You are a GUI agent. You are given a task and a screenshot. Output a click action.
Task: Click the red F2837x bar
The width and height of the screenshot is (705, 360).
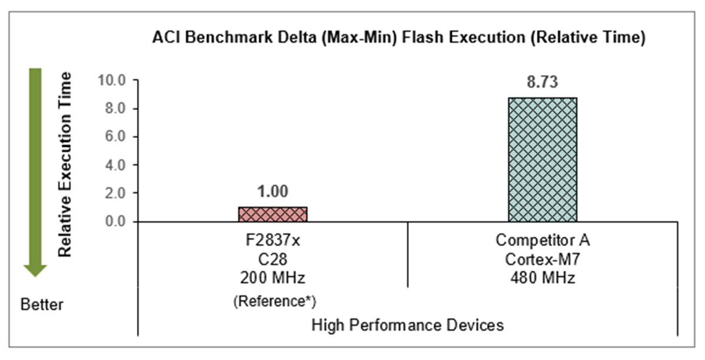click(x=273, y=214)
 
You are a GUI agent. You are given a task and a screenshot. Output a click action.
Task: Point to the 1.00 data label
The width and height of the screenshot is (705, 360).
click(x=273, y=192)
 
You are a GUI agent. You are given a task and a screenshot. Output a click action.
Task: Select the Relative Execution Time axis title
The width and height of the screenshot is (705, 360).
click(x=65, y=164)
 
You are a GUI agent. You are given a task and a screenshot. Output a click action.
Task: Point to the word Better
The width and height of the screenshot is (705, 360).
click(x=42, y=305)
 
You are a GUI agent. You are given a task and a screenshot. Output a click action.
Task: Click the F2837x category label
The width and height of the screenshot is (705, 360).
click(x=273, y=240)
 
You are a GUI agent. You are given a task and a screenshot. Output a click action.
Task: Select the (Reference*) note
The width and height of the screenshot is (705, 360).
click(x=273, y=302)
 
